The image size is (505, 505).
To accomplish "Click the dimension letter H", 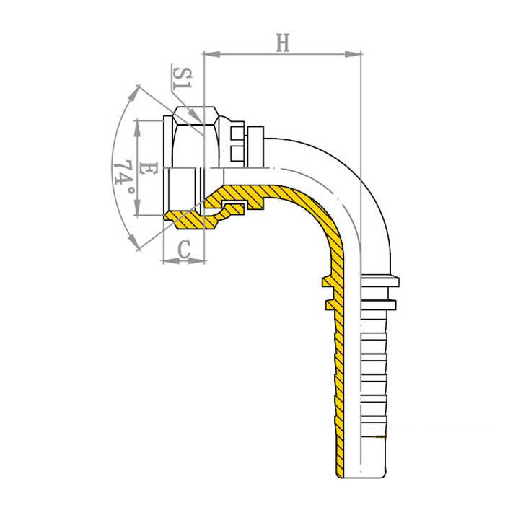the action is click(x=283, y=43).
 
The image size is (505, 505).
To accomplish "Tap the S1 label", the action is click(x=183, y=78).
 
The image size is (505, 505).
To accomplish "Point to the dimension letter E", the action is click(x=148, y=168).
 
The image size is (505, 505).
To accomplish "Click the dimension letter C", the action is click(x=184, y=249).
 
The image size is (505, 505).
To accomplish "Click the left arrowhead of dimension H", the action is click(x=211, y=54).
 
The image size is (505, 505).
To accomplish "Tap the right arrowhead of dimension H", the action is click(x=353, y=54).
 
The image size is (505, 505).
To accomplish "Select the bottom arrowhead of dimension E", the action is click(x=138, y=207).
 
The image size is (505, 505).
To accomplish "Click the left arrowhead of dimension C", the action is click(x=171, y=261).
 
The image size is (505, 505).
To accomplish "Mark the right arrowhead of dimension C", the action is click(x=196, y=261).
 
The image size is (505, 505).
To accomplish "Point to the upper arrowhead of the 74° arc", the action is click(x=136, y=92).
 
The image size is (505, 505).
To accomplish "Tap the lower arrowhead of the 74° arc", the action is click(x=133, y=243).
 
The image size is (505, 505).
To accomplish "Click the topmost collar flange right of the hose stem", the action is click(x=380, y=281).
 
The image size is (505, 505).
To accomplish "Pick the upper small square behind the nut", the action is click(x=237, y=132).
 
